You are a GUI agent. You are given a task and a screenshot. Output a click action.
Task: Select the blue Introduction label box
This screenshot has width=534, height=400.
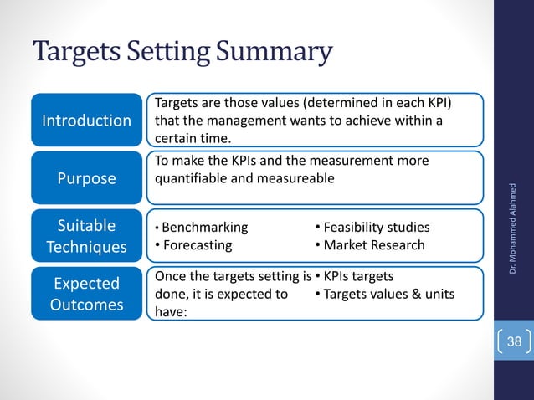[87, 120]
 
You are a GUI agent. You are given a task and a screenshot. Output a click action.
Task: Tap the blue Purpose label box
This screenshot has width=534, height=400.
[87, 178]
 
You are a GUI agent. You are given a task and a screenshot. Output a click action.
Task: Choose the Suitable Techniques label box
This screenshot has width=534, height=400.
[87, 236]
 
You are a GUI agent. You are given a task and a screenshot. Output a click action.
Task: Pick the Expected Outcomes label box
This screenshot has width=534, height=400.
[87, 294]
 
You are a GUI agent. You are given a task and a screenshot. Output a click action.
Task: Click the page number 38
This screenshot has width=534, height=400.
[514, 341]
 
